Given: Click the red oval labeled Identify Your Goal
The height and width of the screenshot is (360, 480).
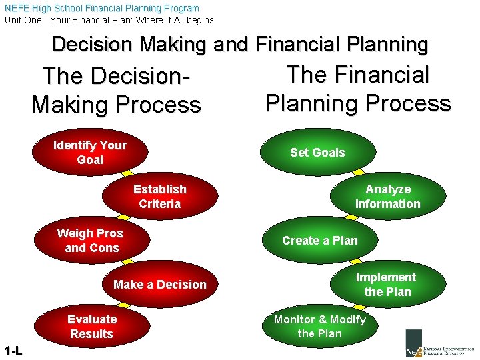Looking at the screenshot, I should (x=90, y=153).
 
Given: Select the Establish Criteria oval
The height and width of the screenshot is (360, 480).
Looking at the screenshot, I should (x=160, y=197).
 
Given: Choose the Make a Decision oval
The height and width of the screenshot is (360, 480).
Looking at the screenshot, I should (x=160, y=285).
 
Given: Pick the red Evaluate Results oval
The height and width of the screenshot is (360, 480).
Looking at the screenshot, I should (x=92, y=327).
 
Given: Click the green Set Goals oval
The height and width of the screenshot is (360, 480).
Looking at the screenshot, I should (x=317, y=153).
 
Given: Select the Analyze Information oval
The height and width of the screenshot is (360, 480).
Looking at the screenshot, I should (x=387, y=197).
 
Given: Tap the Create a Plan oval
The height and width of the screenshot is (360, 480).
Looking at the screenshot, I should (x=320, y=241).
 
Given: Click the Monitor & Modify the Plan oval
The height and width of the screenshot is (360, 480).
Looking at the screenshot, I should (x=320, y=327).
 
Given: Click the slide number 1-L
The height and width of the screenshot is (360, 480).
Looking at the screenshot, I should (x=13, y=351).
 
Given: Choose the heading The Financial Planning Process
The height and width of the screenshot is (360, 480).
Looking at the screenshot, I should (x=358, y=89).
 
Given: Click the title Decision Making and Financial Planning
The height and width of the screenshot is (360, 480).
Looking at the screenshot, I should (x=240, y=44).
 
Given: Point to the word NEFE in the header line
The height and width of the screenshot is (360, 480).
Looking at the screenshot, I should (x=17, y=8).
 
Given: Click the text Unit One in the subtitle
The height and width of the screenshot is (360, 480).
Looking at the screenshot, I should (x=24, y=20).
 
